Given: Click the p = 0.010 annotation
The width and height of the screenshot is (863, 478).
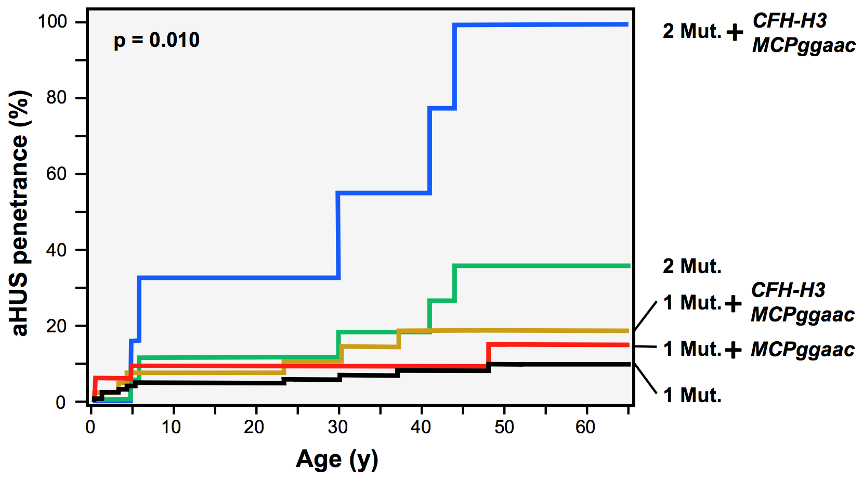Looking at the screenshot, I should point(156,40).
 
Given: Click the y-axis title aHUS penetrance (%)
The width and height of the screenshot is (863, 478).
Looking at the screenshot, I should point(20,213).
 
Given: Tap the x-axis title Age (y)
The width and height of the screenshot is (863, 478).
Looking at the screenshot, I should point(337,459).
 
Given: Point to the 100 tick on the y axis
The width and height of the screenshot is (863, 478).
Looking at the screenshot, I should point(52,22).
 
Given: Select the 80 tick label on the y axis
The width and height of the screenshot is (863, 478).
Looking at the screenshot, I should point(56,98).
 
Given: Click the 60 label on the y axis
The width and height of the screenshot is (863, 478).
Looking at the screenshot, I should point(56,174).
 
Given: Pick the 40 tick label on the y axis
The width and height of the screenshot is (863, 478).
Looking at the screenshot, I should point(56,250).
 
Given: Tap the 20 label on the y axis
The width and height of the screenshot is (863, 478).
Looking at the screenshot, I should point(56,326).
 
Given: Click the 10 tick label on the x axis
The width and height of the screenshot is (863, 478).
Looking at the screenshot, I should point(171,427).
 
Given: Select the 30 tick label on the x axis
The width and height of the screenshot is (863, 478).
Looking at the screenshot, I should point(337,427).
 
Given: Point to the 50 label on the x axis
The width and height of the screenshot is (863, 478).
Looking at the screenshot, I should point(503,427).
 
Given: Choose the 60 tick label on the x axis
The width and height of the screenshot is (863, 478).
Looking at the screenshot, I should point(585,427).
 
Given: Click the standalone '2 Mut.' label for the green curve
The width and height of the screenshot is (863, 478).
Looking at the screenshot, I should point(692,266).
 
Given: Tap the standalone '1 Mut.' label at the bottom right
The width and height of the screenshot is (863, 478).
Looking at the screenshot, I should point(692,395).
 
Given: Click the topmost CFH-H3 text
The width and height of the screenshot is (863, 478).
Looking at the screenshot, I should point(789,21).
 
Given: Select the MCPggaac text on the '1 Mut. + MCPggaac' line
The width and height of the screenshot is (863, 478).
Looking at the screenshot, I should point(803,350).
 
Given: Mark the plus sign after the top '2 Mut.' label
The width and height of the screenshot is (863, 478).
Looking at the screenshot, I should point(735,33).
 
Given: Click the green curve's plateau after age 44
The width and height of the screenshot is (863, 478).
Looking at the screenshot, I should point(541,266).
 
